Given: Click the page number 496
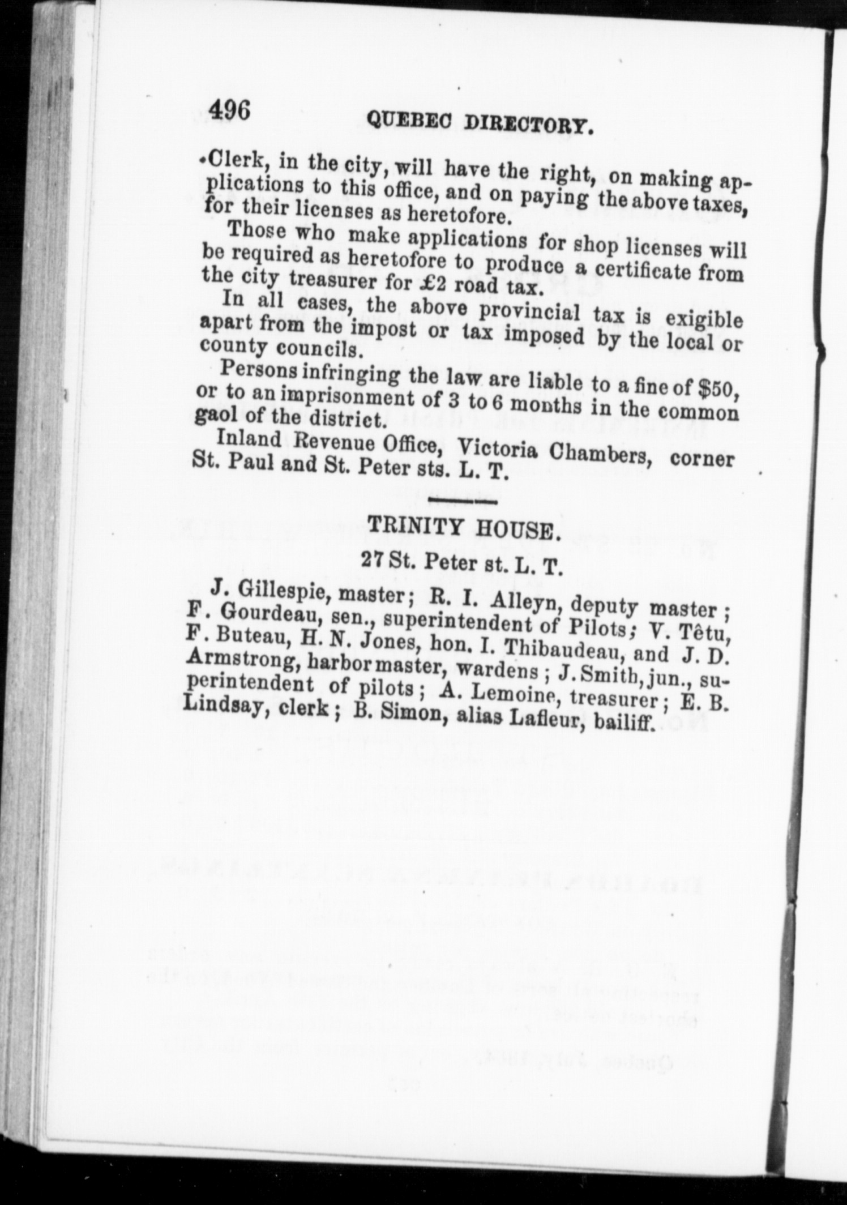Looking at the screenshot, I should tap(229, 109).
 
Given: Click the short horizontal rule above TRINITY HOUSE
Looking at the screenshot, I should tap(463, 501).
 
